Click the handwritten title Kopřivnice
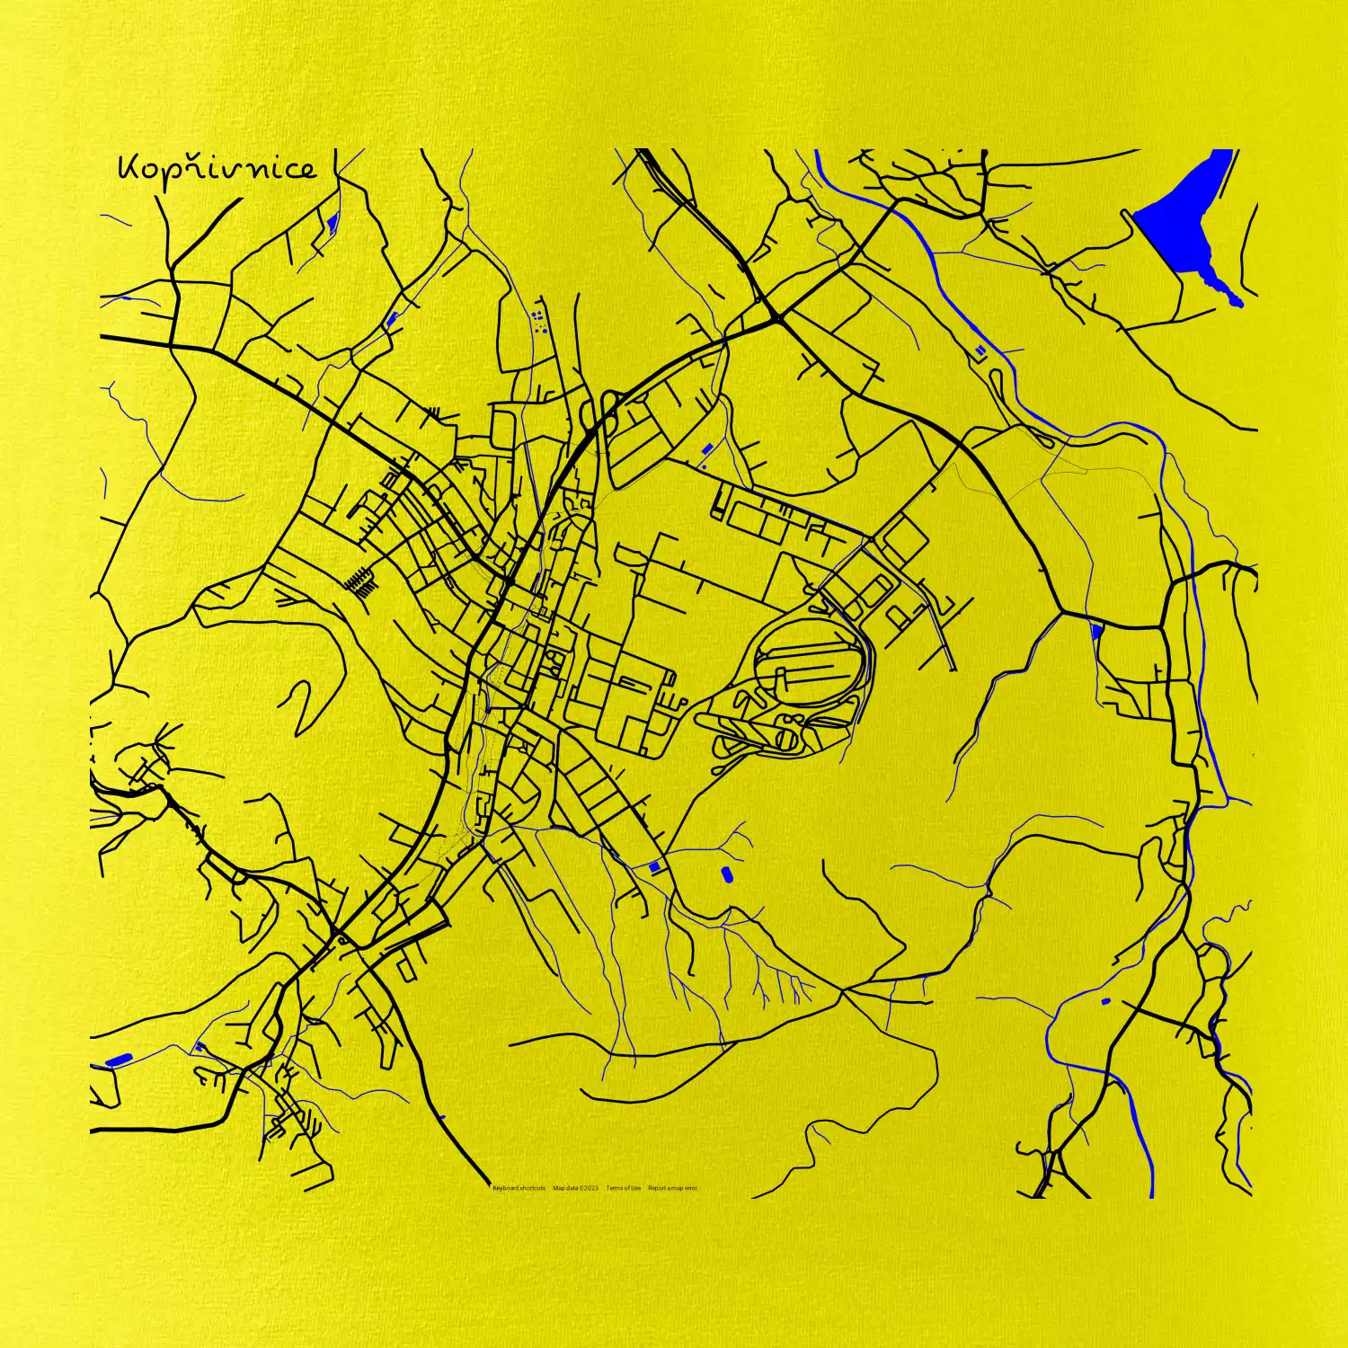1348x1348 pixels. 217,168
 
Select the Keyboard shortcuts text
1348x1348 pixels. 519,1188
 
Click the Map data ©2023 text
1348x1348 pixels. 575,1188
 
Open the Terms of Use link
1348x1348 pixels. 623,1188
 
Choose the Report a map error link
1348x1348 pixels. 672,1188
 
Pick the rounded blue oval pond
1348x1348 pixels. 726,873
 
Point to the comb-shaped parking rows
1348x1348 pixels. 362,582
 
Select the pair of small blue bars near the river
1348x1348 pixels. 979,350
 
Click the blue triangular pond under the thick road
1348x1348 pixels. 1096,632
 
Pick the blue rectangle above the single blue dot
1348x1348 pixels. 706,448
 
